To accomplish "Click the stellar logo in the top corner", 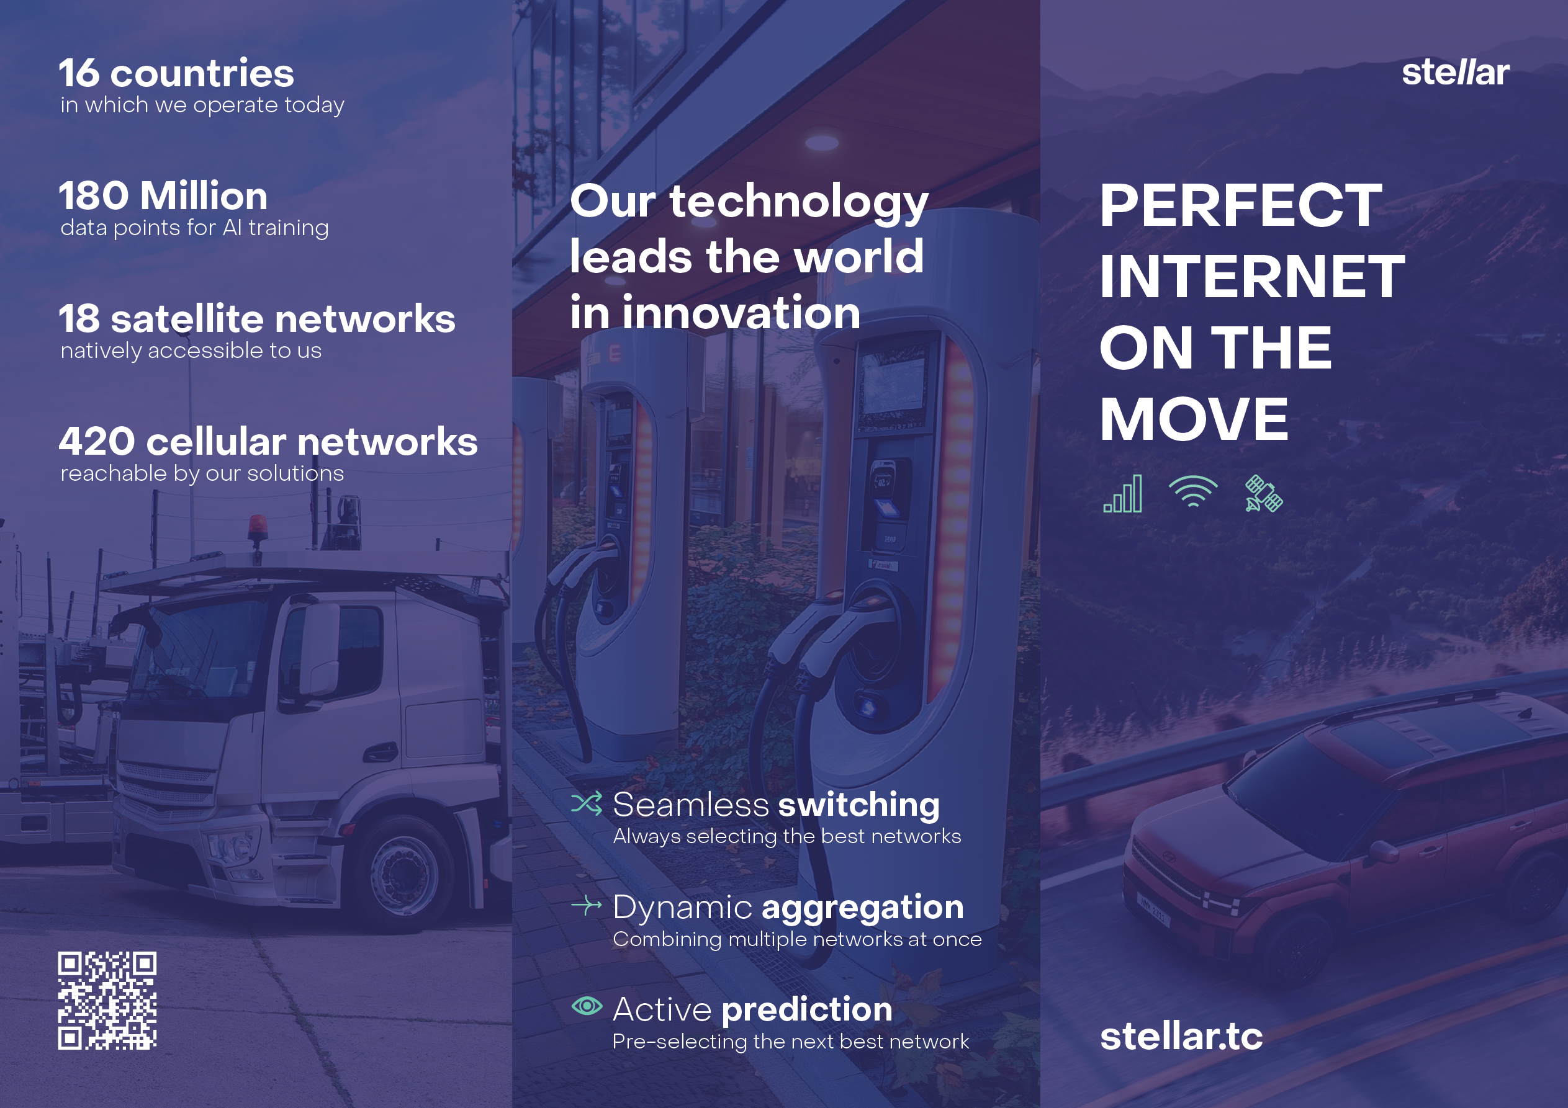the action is click(1455, 72).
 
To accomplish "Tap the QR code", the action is click(107, 1000).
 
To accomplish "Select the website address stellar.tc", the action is click(1181, 1036).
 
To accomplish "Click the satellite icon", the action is click(1263, 494).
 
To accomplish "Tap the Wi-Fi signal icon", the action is click(1193, 491).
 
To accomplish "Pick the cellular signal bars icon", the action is click(1123, 494).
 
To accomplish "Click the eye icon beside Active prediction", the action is click(587, 1005).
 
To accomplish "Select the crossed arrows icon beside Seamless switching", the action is click(587, 803).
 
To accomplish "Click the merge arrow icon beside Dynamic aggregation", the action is click(587, 905).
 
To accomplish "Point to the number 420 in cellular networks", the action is click(97, 441).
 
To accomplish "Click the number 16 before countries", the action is click(79, 73).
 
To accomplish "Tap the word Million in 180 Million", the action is click(204, 196).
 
